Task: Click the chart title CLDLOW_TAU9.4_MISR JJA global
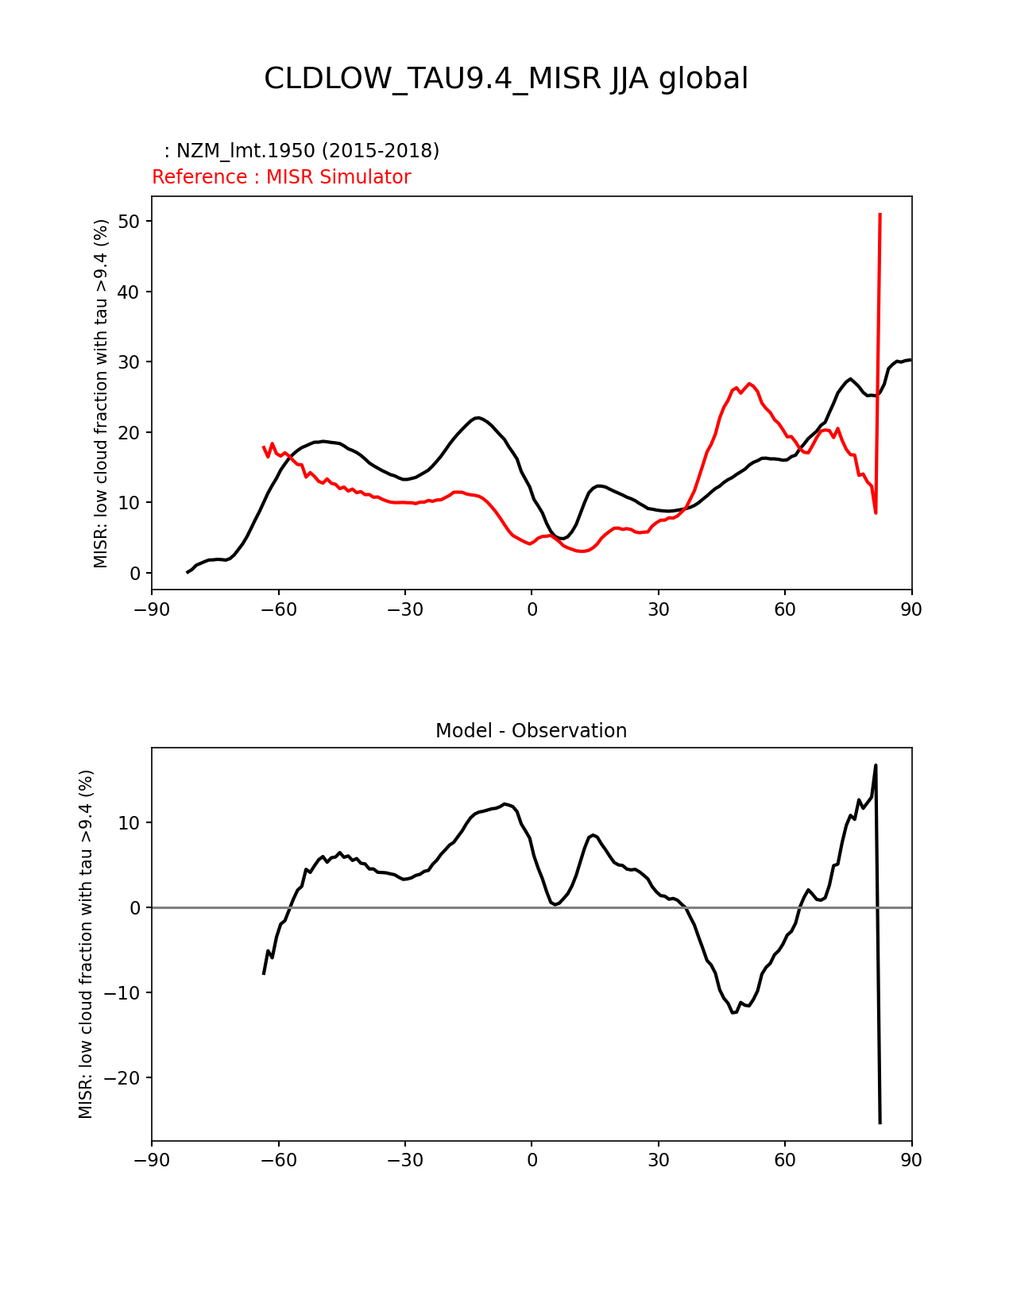coord(506,79)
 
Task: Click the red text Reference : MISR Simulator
coord(281,177)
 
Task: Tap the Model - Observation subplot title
coord(531,731)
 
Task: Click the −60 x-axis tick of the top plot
coord(278,609)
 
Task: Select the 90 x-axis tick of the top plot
coord(911,609)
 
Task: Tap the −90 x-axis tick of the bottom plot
coord(152,1161)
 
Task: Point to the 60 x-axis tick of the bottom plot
coord(785,1161)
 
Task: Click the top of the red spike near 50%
coord(880,215)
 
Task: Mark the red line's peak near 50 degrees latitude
coord(749,384)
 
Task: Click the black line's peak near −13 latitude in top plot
coord(477,417)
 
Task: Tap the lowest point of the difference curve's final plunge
coord(880,1122)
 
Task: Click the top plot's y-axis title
coord(101,393)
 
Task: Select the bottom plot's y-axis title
coord(86,944)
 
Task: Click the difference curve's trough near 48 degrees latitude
coord(733,1012)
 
